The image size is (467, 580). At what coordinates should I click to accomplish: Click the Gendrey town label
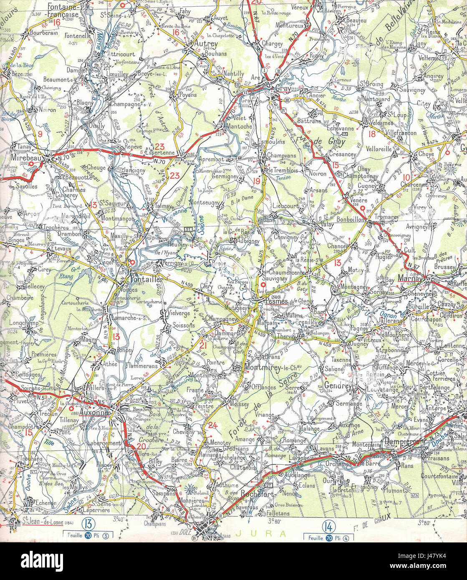tap(338, 385)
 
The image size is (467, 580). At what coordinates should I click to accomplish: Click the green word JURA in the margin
tap(261, 533)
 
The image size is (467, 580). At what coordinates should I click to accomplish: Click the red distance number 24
tap(213, 425)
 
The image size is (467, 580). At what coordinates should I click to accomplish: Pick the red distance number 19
tap(256, 181)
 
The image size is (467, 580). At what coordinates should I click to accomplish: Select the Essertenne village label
tap(160, 153)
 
